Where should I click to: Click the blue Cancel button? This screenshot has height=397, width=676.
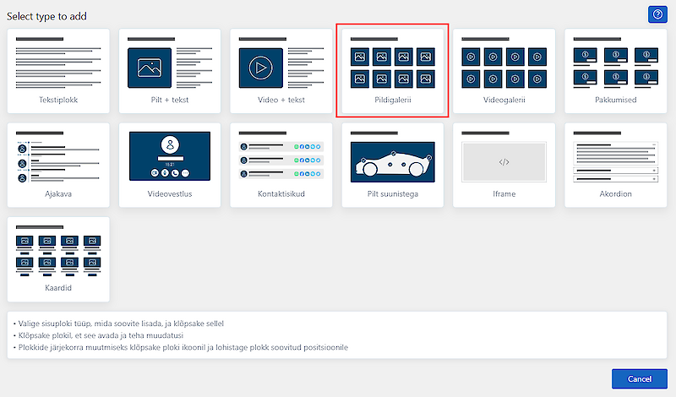point(640,379)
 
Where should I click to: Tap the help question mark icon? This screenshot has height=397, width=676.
point(657,14)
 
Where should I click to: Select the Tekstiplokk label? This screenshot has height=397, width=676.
point(58,100)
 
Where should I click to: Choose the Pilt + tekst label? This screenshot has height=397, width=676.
point(170,100)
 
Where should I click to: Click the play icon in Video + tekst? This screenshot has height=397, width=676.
point(261,68)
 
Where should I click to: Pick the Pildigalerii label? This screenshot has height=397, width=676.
point(393,100)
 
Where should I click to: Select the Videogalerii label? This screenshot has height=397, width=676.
point(504,100)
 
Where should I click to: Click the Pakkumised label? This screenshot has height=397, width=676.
point(616,100)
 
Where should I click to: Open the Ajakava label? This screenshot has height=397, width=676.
point(58,194)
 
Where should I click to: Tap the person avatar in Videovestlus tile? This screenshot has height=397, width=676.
point(171,144)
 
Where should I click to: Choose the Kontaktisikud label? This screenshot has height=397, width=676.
point(281,194)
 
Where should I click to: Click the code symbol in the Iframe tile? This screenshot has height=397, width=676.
point(504,162)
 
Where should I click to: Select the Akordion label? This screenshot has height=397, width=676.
point(616,194)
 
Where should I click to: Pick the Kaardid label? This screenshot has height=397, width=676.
point(58,288)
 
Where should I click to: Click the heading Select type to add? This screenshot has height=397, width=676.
point(46,16)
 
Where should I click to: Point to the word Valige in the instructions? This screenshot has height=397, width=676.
point(29,324)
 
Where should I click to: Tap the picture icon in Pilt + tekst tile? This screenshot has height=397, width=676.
point(150,68)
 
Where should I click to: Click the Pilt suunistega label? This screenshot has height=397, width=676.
point(393,194)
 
